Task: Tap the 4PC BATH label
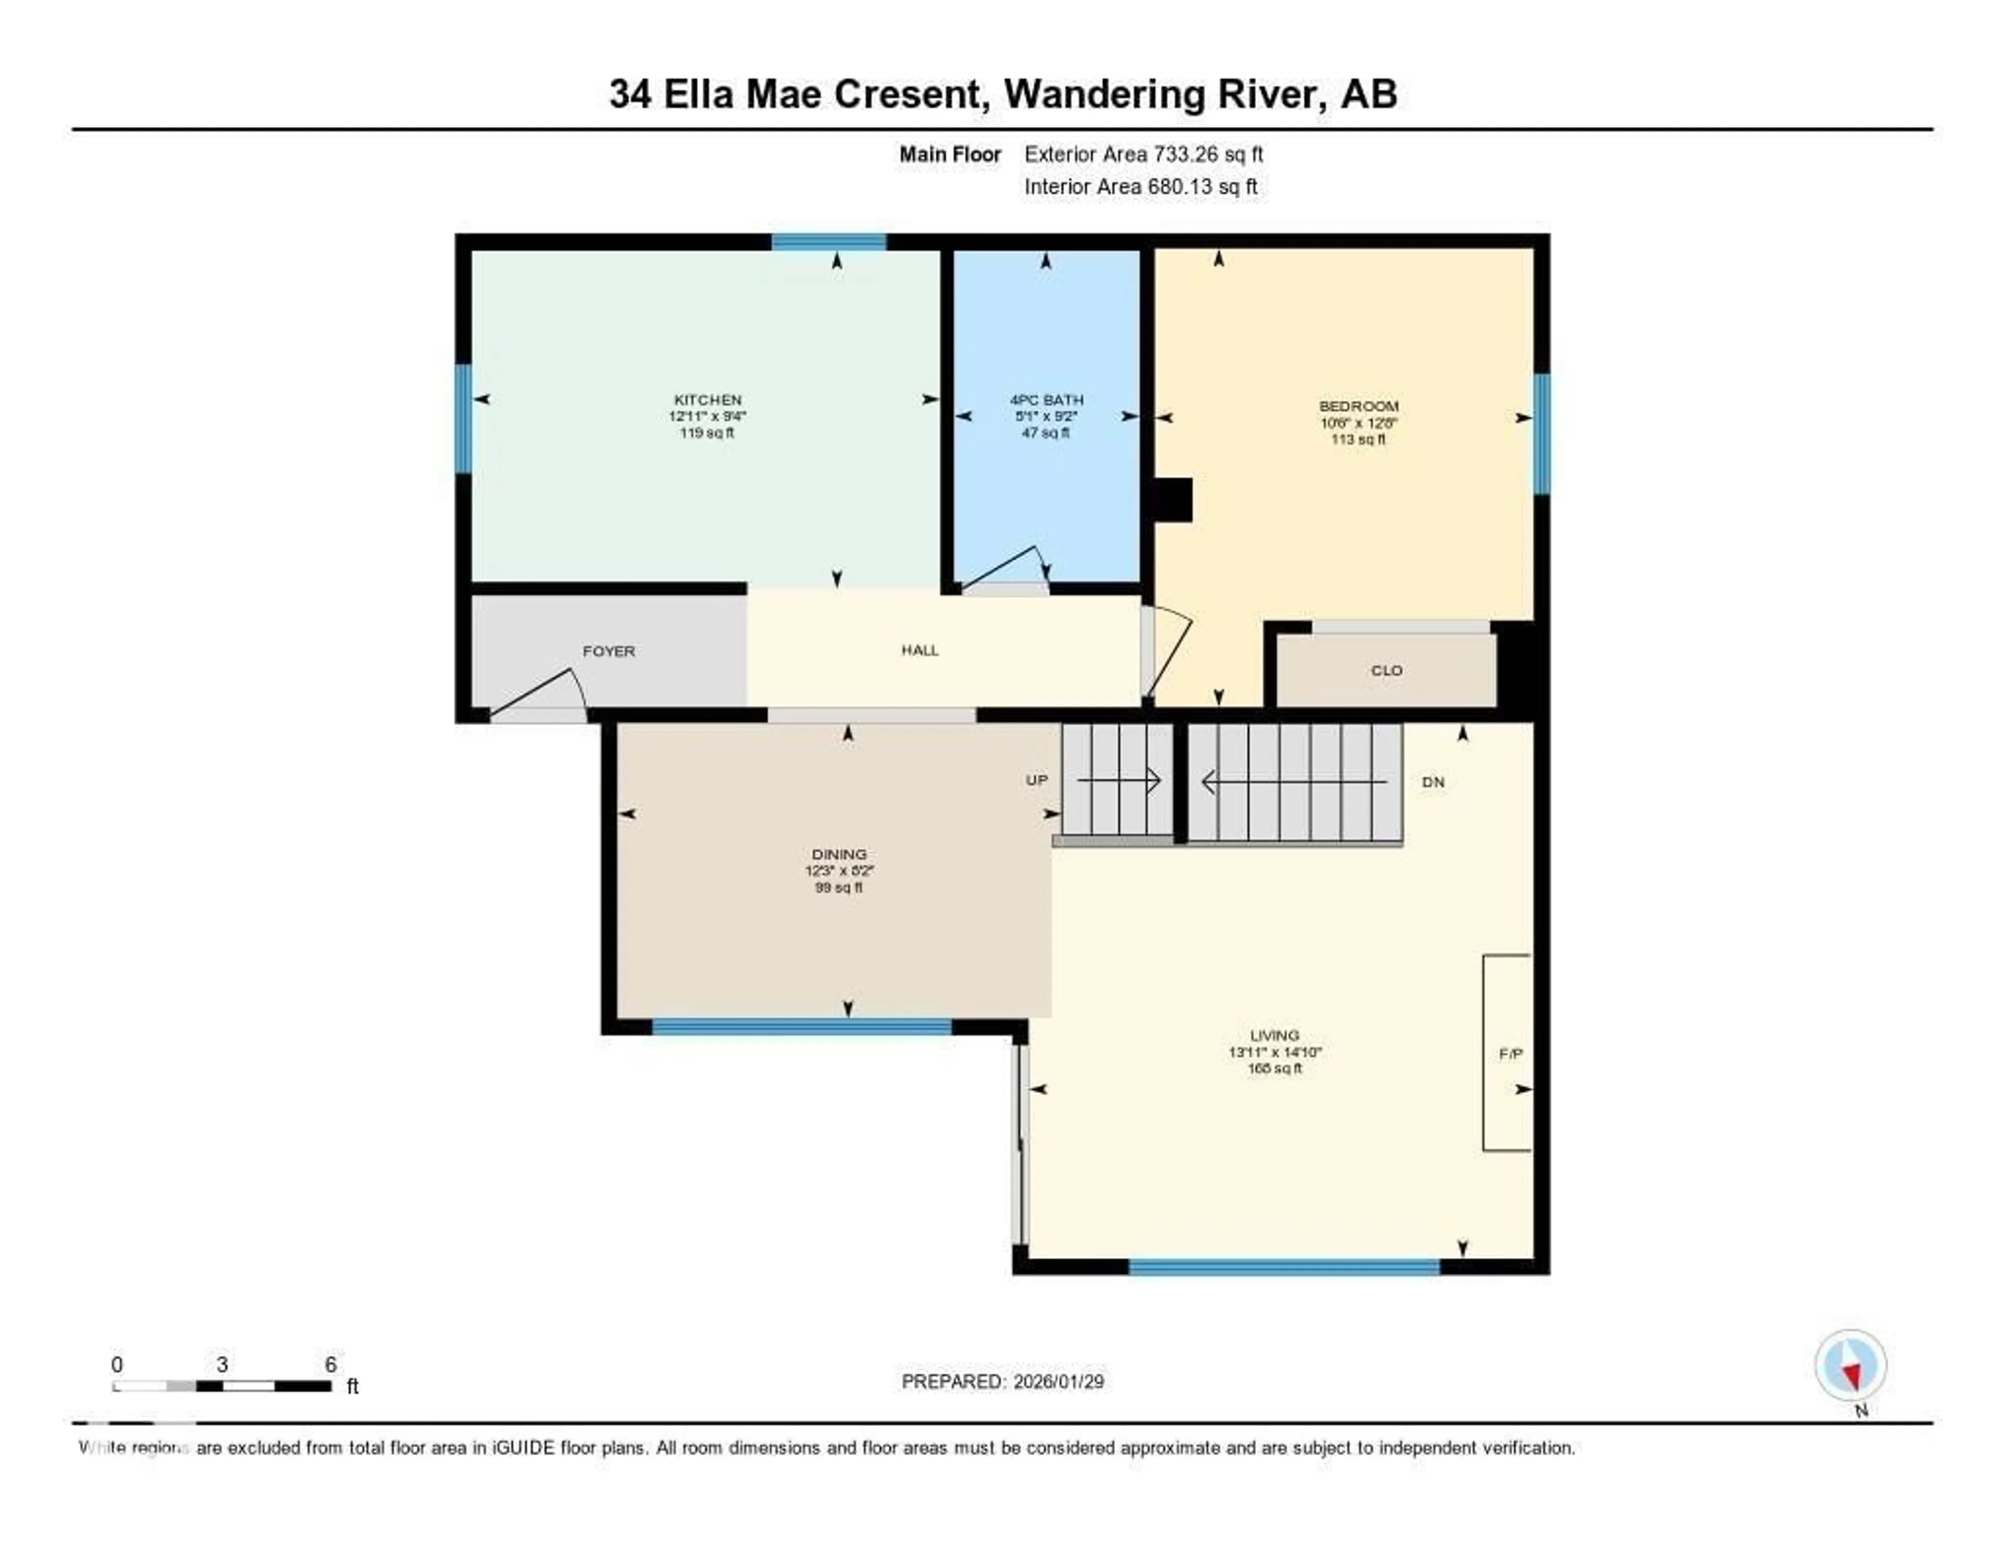pos(1046,400)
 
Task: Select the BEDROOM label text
pos(1359,407)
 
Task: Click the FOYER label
pos(609,651)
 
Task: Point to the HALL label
pos(920,651)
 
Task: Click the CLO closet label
pos(1386,671)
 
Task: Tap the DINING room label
pos(839,854)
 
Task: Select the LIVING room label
pos(1274,1035)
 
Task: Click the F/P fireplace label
pos(1510,1054)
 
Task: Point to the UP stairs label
pos(1036,781)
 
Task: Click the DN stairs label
pos(1433,783)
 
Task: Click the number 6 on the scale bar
pos(331,1364)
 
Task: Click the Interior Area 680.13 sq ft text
pos(1140,187)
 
